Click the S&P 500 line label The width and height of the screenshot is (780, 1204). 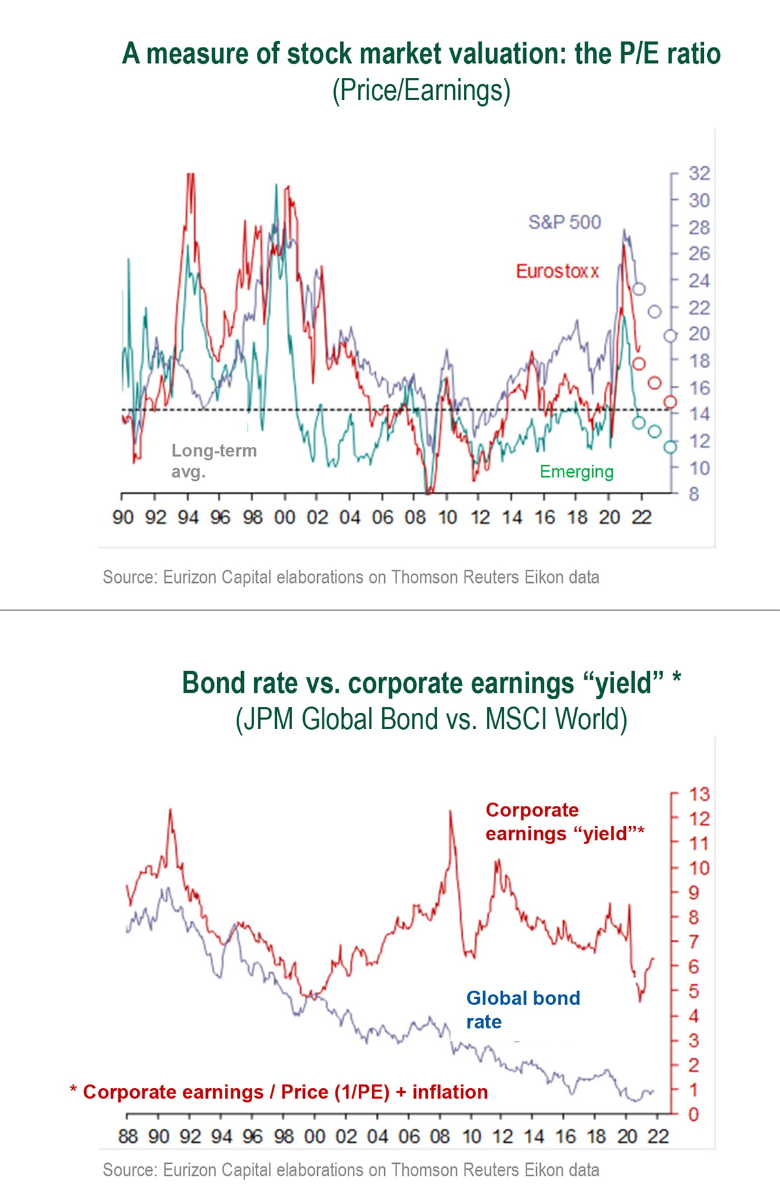tap(564, 222)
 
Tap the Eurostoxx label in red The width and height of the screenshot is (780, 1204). tap(557, 271)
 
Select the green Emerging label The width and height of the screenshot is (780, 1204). tap(576, 472)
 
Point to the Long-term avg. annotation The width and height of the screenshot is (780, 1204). tap(214, 461)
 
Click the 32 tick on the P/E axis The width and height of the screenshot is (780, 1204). tap(699, 174)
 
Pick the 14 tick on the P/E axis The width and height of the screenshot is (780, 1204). tap(699, 414)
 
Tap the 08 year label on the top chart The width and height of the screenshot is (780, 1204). tap(415, 518)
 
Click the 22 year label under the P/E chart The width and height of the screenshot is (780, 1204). tap(641, 518)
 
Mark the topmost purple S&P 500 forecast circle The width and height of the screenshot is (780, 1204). tap(639, 289)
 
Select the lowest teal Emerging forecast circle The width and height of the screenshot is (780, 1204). tap(670, 447)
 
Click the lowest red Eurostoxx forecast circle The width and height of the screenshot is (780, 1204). tap(670, 403)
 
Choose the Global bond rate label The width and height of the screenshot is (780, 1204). tap(523, 1010)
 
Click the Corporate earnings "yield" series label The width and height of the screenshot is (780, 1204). tap(564, 822)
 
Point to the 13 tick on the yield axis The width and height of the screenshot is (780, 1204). tap(699, 794)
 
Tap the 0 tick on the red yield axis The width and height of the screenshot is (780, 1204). tap(694, 1115)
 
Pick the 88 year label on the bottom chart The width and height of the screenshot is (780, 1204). tap(128, 1136)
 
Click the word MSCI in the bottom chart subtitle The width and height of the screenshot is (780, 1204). tap(517, 720)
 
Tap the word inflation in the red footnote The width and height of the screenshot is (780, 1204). tap(450, 1092)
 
